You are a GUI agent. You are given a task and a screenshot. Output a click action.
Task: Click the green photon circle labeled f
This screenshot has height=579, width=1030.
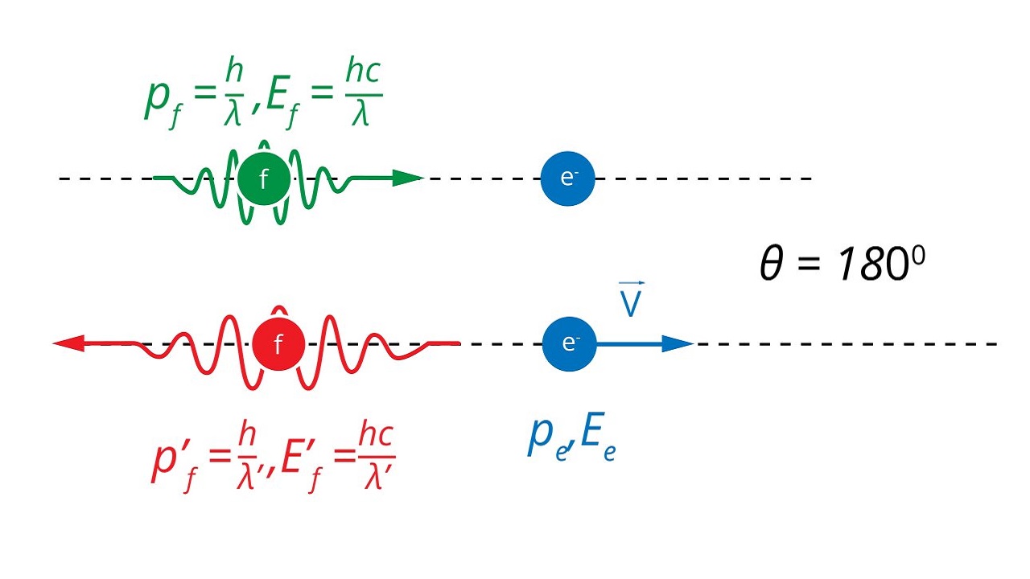click(264, 179)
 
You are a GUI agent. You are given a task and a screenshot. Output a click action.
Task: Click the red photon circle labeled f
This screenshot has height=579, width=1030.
click(278, 343)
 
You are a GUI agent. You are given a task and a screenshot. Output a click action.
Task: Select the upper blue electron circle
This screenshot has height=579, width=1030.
click(567, 179)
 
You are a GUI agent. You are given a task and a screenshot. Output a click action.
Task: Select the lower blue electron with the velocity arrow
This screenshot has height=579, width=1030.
click(569, 343)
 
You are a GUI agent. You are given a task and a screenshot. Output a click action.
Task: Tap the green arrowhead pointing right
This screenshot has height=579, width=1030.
click(408, 179)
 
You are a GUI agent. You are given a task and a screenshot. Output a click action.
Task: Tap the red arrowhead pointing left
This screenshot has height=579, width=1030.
click(68, 343)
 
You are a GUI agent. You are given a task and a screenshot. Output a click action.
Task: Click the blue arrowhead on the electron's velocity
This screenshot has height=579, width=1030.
click(678, 343)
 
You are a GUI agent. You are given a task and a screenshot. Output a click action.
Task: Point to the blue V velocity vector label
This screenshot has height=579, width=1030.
click(631, 299)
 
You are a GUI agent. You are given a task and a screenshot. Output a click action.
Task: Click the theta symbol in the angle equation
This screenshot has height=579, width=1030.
click(772, 263)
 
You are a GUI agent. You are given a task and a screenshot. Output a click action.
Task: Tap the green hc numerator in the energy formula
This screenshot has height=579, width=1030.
click(363, 70)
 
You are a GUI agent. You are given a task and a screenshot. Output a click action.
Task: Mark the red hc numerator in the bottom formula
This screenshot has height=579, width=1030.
click(376, 433)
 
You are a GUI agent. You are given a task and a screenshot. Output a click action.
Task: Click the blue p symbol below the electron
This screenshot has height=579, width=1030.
click(542, 437)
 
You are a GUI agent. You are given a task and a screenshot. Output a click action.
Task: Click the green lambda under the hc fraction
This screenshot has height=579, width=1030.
click(360, 113)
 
